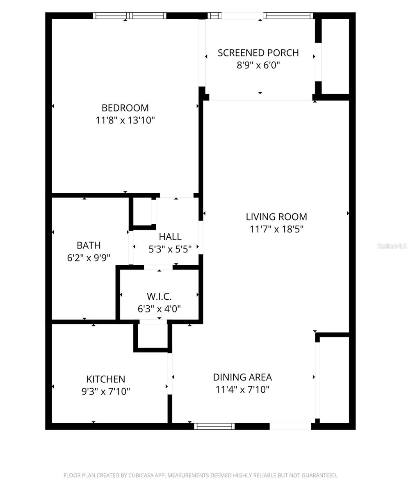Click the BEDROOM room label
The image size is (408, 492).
(125, 108)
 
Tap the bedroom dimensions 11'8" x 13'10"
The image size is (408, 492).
(125, 120)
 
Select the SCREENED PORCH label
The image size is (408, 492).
(258, 53)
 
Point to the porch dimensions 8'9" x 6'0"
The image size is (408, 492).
(258, 65)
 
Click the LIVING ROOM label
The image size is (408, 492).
(276, 216)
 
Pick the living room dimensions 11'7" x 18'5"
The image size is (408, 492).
(276, 229)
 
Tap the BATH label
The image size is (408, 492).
(89, 245)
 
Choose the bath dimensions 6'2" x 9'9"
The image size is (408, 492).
(89, 257)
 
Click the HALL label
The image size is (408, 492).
(170, 237)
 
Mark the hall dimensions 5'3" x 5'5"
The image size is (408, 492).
(170, 248)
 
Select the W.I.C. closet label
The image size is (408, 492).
(159, 296)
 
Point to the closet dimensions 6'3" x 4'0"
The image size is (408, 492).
(159, 308)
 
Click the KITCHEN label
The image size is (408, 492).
(106, 379)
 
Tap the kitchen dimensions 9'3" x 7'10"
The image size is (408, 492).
(106, 391)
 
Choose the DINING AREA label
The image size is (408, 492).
(242, 377)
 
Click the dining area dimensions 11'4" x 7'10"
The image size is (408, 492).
(242, 389)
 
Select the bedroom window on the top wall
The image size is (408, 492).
(130, 16)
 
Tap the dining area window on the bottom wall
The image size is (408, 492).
(214, 426)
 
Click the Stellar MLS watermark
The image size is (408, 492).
(392, 246)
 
